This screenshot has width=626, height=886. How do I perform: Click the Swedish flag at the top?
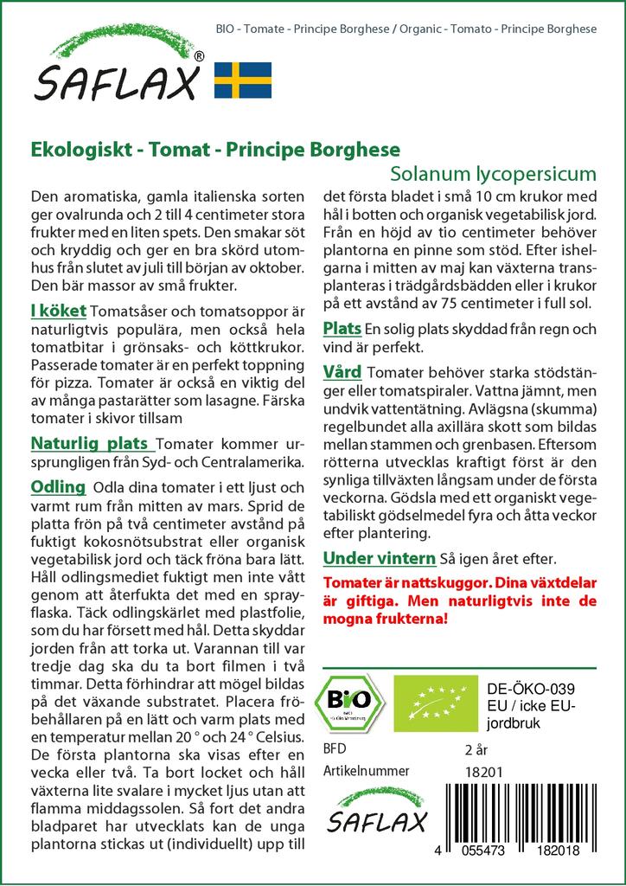(x=243, y=80)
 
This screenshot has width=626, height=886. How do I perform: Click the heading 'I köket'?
(x=57, y=311)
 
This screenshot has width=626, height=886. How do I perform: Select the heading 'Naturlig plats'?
(x=90, y=444)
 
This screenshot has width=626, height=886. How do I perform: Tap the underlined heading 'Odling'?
(x=58, y=486)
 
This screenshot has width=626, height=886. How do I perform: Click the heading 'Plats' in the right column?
(x=342, y=330)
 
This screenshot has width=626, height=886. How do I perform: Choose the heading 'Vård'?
(x=342, y=372)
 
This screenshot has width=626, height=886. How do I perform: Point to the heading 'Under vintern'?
(x=378, y=557)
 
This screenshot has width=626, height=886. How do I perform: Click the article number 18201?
(x=482, y=772)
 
